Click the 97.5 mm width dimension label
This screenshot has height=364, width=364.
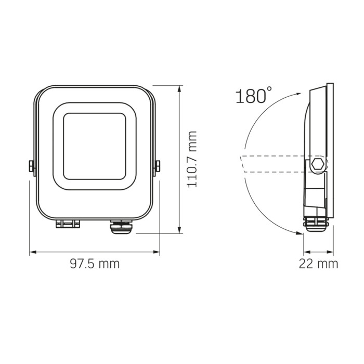click(95, 264)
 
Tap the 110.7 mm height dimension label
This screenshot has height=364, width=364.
click(192, 159)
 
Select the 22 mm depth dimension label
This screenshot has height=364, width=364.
click(318, 264)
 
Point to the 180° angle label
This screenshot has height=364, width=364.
click(253, 96)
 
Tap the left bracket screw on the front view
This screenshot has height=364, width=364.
click(31, 166)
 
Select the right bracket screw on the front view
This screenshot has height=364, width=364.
click(158, 166)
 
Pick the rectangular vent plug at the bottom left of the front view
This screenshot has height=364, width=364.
click(67, 225)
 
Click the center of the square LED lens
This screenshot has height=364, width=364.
click(95, 144)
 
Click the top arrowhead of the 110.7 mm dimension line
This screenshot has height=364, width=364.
click(179, 89)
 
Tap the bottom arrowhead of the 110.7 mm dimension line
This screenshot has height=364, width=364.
click(179, 231)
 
